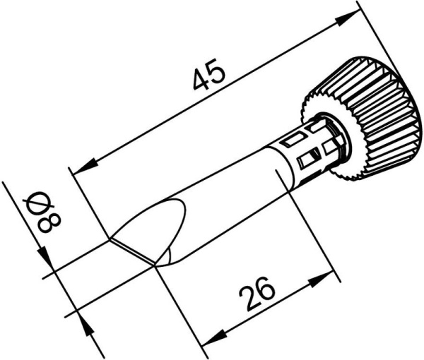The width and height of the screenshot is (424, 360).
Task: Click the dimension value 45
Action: tap(210, 76)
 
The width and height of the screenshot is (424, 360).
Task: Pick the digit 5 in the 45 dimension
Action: tap(218, 71)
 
